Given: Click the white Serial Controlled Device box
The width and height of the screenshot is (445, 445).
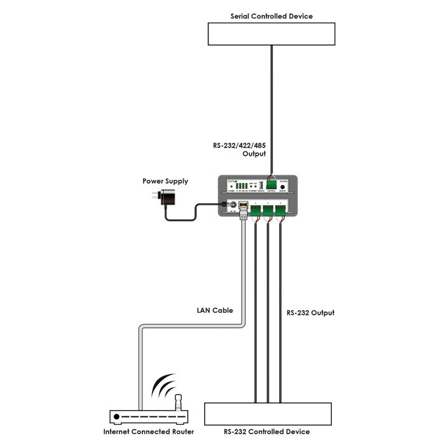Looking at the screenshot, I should pos(271,34).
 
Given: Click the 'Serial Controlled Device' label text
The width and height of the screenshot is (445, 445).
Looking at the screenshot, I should pos(271,16).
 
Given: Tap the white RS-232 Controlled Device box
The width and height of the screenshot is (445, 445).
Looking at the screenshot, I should pos(268,413).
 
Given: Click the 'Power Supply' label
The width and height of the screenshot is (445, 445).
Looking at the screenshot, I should pos(165,181).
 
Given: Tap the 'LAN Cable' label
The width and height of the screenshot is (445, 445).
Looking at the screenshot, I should pos(214,311).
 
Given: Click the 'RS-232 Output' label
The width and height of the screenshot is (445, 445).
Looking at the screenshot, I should pos(310,313).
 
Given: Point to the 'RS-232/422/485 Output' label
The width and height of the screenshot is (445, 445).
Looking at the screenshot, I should pos(240,149).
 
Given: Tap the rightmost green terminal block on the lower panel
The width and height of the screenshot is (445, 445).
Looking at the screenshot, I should pos(280,209).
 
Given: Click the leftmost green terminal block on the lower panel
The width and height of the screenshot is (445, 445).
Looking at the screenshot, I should pos(256,209).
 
